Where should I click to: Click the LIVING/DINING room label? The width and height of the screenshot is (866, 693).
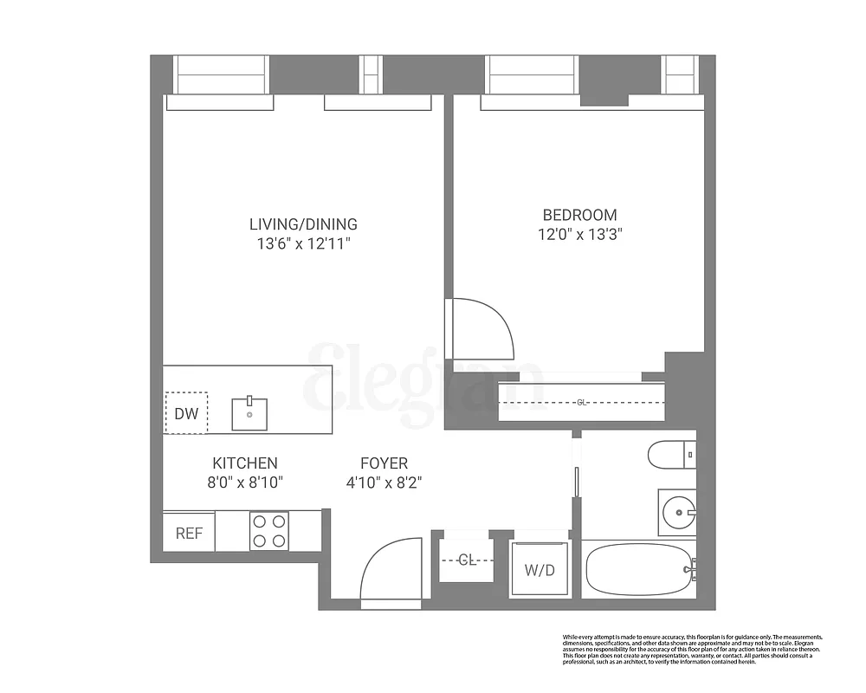click(303, 224)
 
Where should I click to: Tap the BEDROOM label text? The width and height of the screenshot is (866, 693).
click(579, 215)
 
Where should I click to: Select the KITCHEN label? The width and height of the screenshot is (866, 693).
click(245, 463)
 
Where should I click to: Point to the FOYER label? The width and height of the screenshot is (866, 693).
click(384, 463)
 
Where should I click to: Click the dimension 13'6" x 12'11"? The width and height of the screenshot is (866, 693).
click(303, 243)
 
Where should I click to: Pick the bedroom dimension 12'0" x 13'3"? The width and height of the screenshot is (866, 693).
click(579, 233)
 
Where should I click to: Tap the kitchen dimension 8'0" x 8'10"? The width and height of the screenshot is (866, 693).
click(245, 483)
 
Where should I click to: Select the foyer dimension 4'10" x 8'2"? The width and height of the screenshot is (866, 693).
click(384, 483)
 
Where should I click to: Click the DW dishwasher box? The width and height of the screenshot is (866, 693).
click(186, 413)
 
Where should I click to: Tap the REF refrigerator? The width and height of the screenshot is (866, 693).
click(189, 533)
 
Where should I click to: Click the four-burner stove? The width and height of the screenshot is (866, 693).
click(268, 531)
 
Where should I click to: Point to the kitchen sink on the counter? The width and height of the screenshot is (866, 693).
click(249, 413)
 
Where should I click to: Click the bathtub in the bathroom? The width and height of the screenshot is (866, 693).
click(639, 569)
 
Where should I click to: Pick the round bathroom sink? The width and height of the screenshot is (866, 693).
click(675, 512)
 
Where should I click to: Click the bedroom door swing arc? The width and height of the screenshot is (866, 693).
click(483, 329)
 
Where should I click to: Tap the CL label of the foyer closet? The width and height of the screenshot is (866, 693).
click(467, 560)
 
